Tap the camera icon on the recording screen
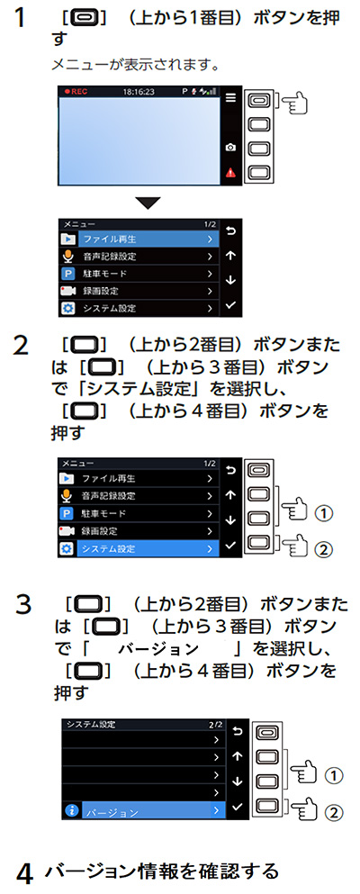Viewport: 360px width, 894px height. (230, 146)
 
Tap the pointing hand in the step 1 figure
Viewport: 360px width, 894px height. (293, 103)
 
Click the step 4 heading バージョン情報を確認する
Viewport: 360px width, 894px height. (162, 871)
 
